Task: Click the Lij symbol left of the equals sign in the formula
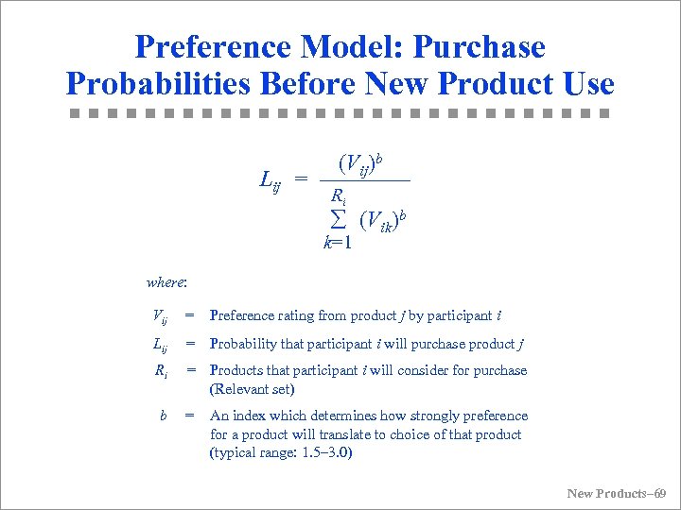(x=271, y=178)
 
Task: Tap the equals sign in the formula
(x=301, y=178)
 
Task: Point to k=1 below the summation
(x=338, y=243)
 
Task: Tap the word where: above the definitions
(x=166, y=281)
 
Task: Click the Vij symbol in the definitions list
(x=160, y=316)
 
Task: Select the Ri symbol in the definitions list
(x=162, y=371)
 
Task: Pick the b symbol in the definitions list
(x=164, y=416)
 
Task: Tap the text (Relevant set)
(x=252, y=389)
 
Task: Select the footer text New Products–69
(x=616, y=493)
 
